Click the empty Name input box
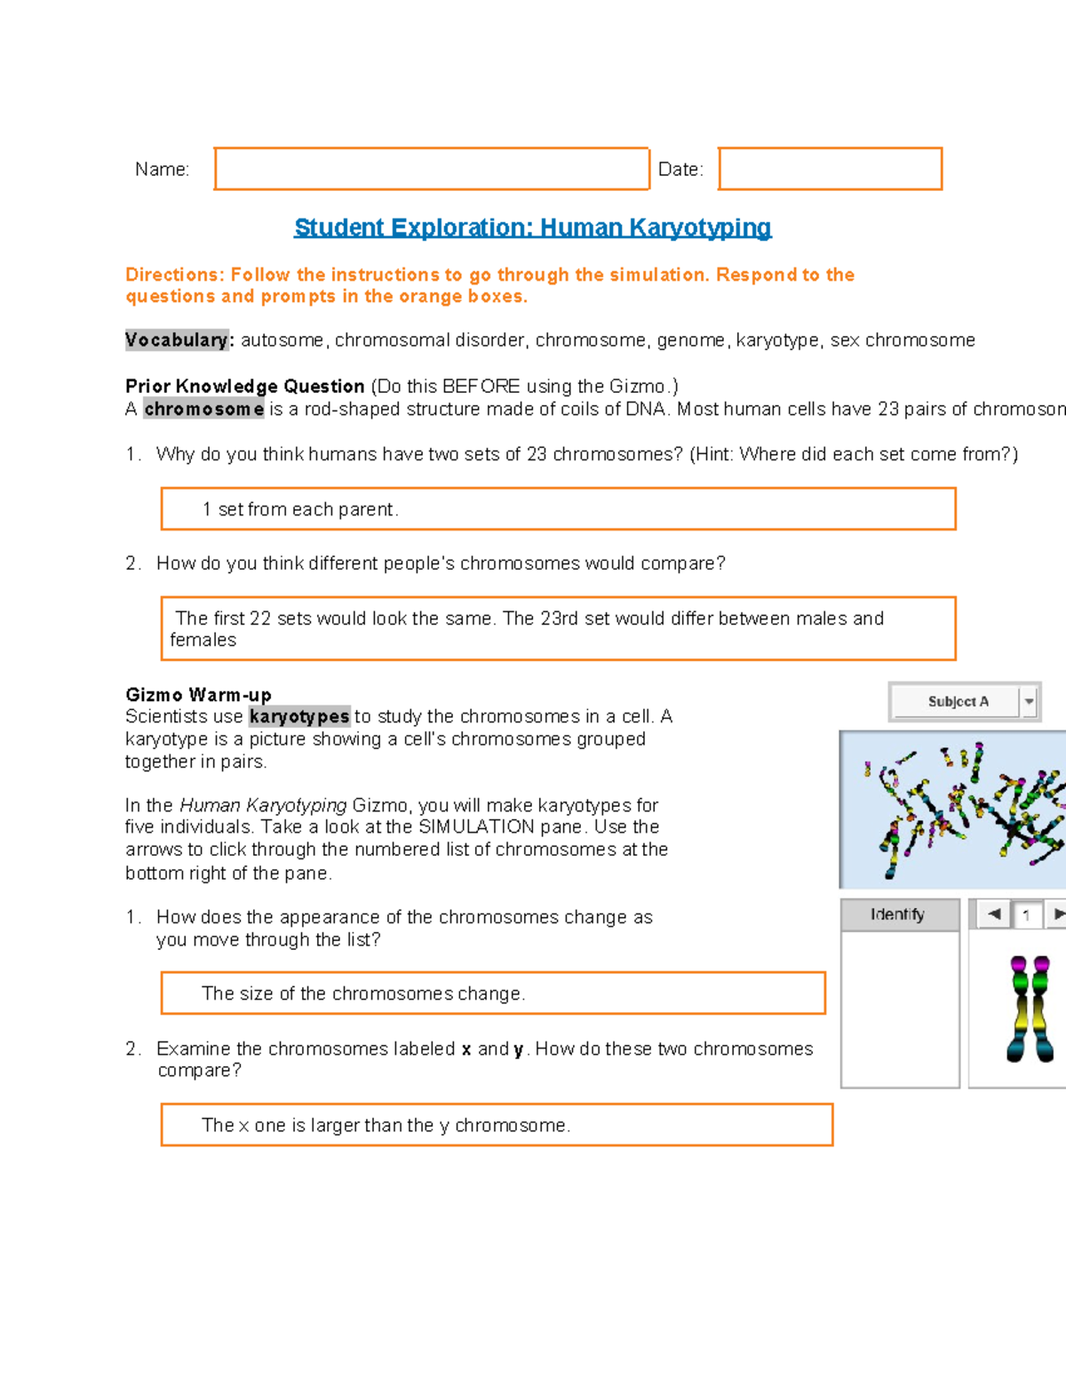432,169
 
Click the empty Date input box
830,169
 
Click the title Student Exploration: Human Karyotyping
532,227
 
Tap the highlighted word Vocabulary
177,340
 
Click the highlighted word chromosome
203,409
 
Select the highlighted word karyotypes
299,716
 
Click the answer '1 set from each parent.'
300,509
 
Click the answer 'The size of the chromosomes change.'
363,993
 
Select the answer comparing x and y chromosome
386,1125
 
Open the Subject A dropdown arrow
1029,701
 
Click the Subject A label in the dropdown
958,701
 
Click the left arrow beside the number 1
994,913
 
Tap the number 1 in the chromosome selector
1027,914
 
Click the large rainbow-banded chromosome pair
1030,1009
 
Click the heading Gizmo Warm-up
198,695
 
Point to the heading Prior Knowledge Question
244,387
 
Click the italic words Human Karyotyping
263,805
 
